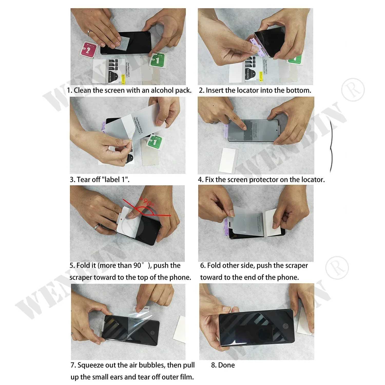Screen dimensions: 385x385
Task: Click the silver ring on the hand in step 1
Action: pyautogui.click(x=89, y=33)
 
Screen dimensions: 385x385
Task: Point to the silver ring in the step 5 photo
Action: pyautogui.click(x=97, y=227)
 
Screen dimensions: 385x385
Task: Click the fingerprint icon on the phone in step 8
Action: pyautogui.click(x=285, y=326)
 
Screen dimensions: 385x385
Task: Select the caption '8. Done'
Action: pyautogui.click(x=223, y=365)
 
